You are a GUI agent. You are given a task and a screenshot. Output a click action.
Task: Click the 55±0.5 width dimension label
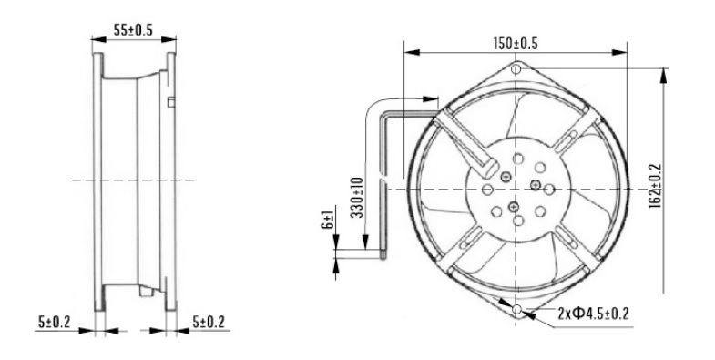click(133, 30)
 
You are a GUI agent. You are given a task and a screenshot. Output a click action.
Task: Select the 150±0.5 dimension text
click(516, 44)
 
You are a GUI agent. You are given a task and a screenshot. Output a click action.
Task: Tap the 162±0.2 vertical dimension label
click(655, 186)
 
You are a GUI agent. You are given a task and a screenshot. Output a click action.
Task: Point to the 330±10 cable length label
click(358, 198)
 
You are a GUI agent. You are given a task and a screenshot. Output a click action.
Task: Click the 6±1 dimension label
click(328, 217)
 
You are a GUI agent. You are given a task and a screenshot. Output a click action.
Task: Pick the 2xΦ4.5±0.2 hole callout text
click(593, 314)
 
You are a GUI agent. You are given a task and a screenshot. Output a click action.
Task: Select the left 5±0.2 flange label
click(55, 322)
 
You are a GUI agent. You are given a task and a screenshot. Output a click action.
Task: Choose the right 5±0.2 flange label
click(209, 322)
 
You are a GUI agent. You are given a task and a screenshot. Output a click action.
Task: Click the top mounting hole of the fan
click(516, 69)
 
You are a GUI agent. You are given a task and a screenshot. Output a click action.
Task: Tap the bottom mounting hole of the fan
click(516, 309)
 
